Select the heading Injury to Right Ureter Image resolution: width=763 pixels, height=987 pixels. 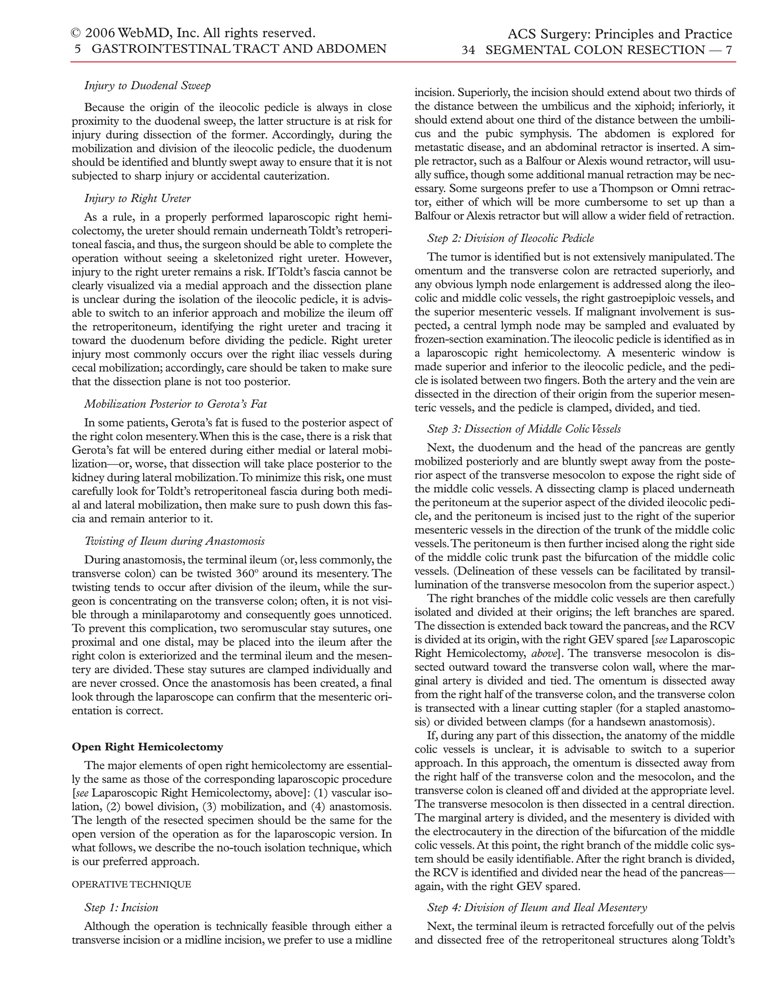click(x=137, y=199)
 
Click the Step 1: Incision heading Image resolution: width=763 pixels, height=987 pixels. click(x=121, y=907)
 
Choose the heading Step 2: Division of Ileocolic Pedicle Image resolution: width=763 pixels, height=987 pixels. click(x=511, y=238)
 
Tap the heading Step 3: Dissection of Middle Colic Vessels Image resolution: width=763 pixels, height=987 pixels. click(x=524, y=429)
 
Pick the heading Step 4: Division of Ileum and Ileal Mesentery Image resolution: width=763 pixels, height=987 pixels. click(x=537, y=907)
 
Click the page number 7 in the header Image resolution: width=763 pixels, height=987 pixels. click(x=728, y=50)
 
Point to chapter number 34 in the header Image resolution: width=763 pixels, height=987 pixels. click(x=468, y=50)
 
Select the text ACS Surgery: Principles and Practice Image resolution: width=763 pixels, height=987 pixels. click(x=620, y=34)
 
